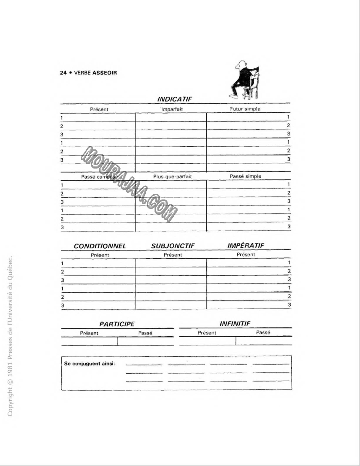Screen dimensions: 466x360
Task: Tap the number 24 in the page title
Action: [x=63, y=73]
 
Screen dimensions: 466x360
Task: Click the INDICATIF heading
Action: [x=175, y=99]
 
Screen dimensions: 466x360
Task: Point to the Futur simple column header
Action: [x=246, y=109]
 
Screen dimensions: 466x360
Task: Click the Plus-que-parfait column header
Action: [x=172, y=177]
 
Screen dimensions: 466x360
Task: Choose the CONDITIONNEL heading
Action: [x=100, y=246]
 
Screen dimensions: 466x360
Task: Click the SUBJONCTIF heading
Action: [x=172, y=246]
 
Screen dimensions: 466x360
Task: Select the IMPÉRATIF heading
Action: [x=246, y=246]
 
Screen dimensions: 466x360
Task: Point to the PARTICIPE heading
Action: [x=117, y=324]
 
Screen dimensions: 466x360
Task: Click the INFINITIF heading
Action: [x=235, y=324]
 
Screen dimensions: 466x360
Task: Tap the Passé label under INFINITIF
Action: [x=263, y=333]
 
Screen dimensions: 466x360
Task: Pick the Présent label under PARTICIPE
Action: [x=89, y=333]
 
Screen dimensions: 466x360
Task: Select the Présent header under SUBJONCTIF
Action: [x=173, y=255]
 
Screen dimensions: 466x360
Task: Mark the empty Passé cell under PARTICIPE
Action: [x=145, y=341]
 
